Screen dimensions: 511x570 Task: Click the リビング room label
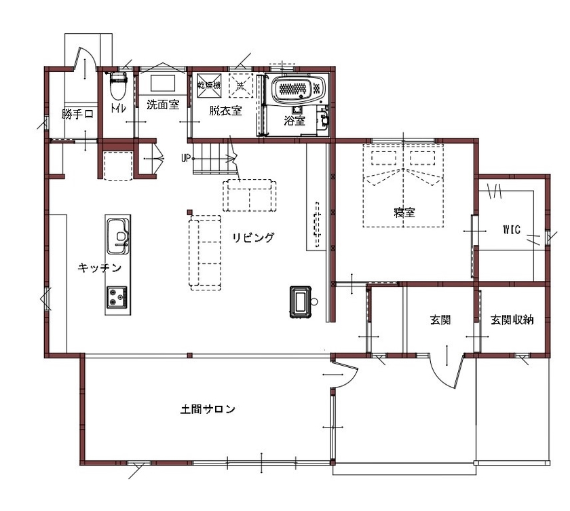[x=253, y=238]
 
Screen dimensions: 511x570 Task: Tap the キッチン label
[x=100, y=268]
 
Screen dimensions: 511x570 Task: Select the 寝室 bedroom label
[x=404, y=213]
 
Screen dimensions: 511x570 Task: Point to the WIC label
[x=511, y=229]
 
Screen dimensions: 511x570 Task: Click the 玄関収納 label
[x=512, y=320]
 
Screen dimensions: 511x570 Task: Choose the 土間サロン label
[x=208, y=409]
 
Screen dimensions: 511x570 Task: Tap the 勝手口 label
[x=77, y=115]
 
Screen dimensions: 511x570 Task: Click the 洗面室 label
[x=163, y=105]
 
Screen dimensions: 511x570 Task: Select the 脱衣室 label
[x=225, y=111]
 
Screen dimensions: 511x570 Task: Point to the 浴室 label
[x=294, y=121]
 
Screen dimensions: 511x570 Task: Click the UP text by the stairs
[x=185, y=159]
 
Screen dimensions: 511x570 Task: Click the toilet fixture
[x=118, y=86]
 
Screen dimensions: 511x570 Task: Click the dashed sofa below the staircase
[x=250, y=195]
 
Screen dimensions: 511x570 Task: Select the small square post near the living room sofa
[x=191, y=210]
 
